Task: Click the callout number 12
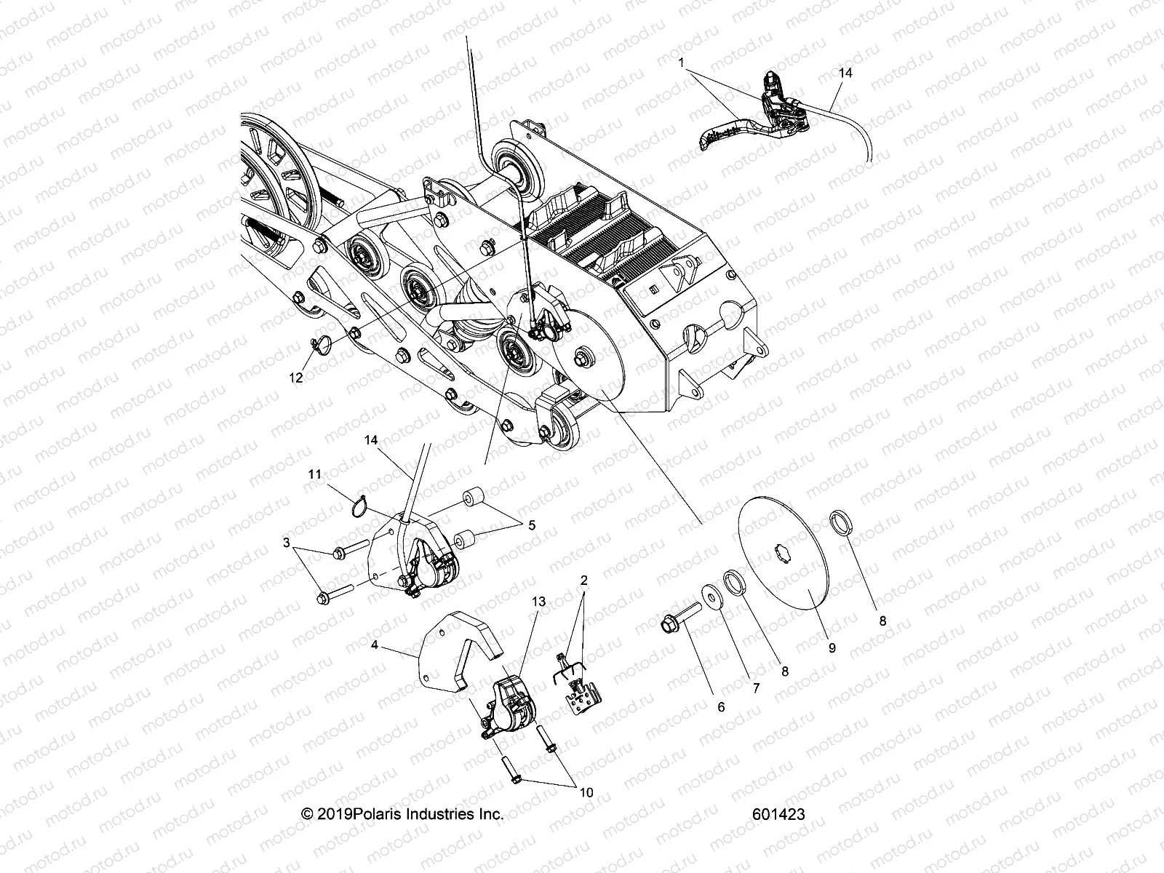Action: click(x=296, y=378)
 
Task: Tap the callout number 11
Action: click(x=314, y=474)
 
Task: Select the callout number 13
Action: click(x=538, y=602)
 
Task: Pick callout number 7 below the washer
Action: click(x=756, y=687)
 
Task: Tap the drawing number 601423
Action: click(x=780, y=814)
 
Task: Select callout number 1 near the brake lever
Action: click(x=681, y=63)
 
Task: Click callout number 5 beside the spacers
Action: click(x=532, y=524)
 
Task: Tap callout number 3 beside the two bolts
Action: click(x=287, y=543)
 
